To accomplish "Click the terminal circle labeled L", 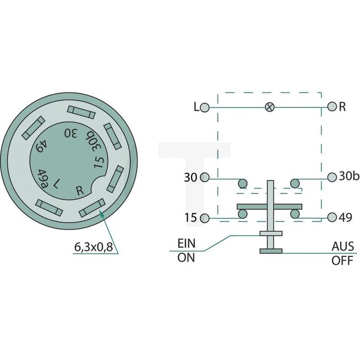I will pos(205,107).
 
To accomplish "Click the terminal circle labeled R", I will pos(332,107).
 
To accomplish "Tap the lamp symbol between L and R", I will pos(270,107).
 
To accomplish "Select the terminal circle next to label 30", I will pos(205,177).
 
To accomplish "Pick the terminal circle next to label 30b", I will pos(332,177).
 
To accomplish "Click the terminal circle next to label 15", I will pos(205,218).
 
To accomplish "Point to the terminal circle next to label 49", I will pos(332,218).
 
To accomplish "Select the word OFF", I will pos(342,261).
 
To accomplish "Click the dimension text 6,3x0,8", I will pos(93,248).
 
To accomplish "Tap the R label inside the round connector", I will pos(80,191).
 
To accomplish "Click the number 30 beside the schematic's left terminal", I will pos(190,177).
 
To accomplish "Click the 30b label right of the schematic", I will pos(350,177).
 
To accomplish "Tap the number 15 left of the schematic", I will pos(190,218).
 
